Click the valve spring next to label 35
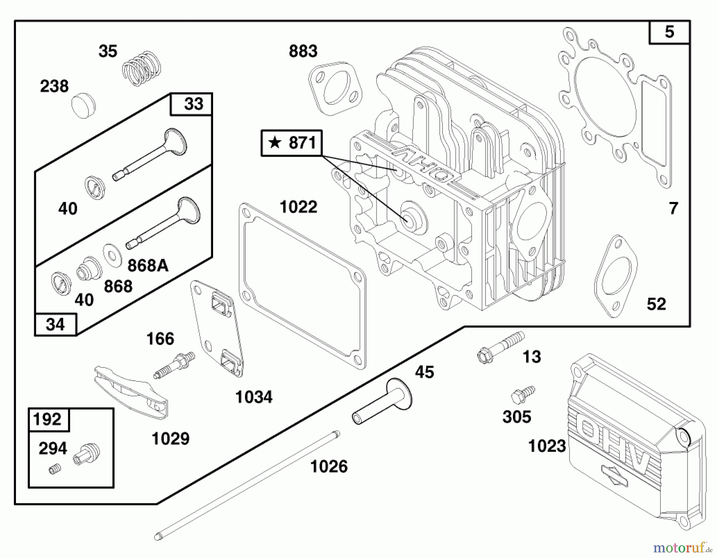tap(141, 68)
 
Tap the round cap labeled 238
tap(84, 105)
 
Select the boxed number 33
tap(193, 104)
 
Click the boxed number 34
tap(55, 324)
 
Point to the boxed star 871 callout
tap(292, 143)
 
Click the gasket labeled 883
tap(336, 88)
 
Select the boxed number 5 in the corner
tap(669, 32)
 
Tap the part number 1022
tap(298, 207)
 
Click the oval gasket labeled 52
tap(615, 276)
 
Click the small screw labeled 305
tap(522, 394)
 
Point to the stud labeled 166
tap(174, 365)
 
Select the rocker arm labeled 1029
tap(131, 393)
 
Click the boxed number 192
tap(47, 419)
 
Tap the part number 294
tap(53, 449)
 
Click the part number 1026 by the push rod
tap(329, 466)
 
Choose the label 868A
tap(148, 265)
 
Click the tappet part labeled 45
tap(382, 403)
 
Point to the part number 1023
tap(547, 446)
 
